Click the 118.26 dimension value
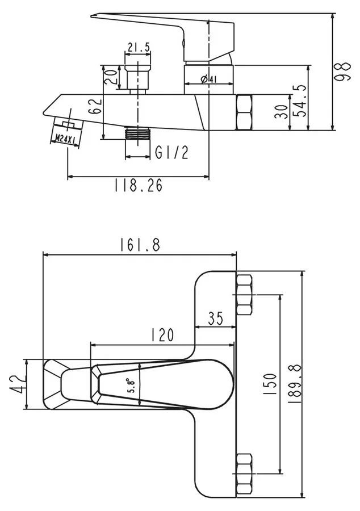[x=138, y=186]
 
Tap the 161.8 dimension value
[x=140, y=245]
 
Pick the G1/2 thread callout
[x=171, y=152]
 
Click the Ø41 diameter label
[x=209, y=79]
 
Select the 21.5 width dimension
[x=139, y=47]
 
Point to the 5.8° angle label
[x=132, y=386]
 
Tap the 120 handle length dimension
[x=162, y=334]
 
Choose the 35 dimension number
[x=215, y=319]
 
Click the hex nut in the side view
[x=244, y=112]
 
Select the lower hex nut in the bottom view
[x=244, y=474]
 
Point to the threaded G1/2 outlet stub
[x=138, y=134]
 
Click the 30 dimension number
[x=282, y=112]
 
